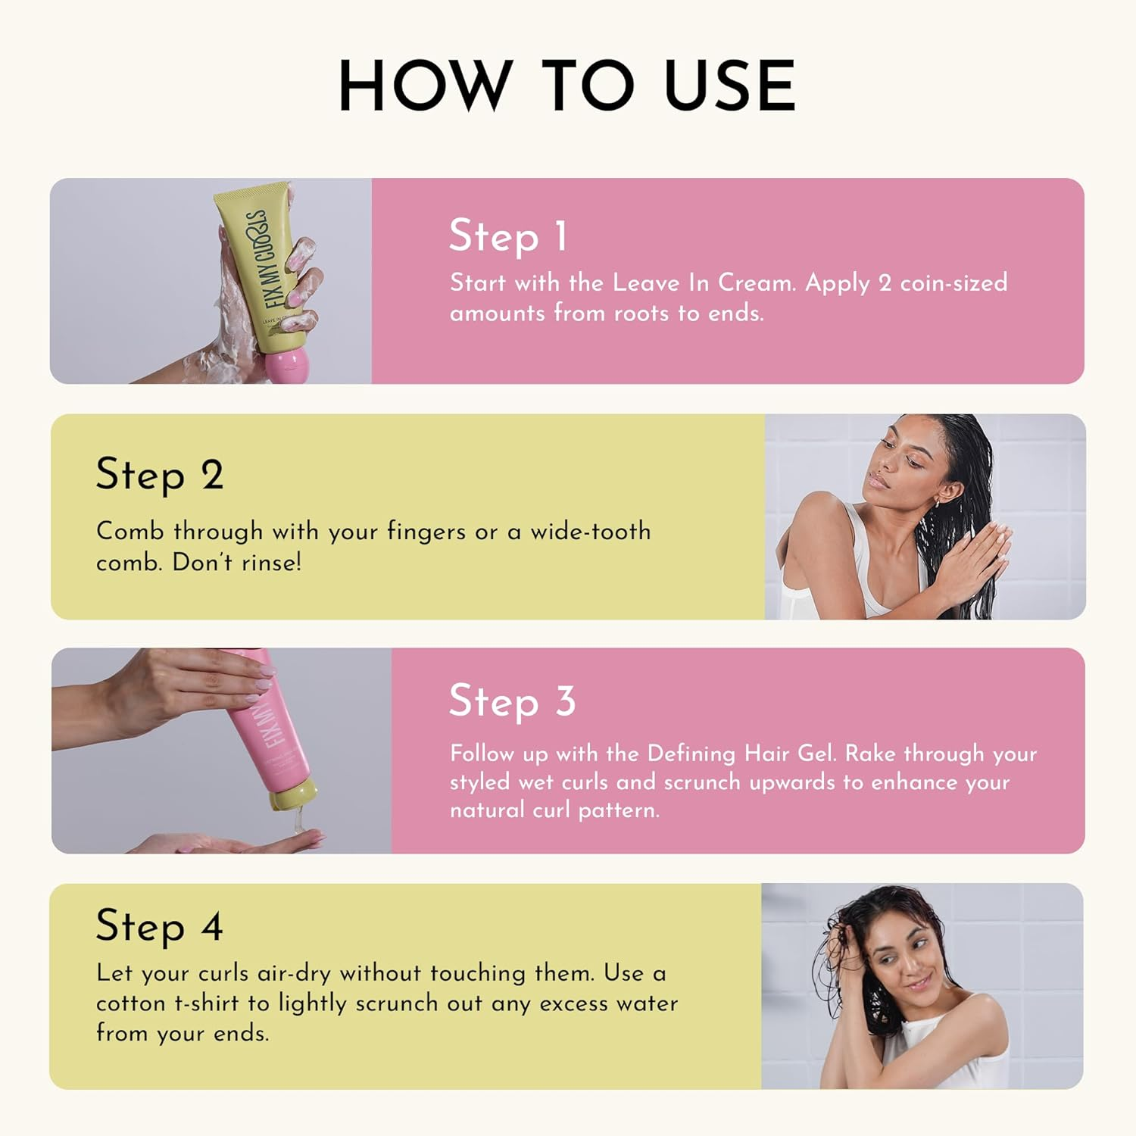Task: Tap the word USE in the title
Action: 729,86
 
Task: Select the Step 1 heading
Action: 508,236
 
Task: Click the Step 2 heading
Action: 159,476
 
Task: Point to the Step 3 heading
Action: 512,701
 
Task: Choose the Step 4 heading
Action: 159,926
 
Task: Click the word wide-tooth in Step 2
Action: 590,532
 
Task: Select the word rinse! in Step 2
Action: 271,562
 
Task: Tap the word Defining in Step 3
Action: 691,754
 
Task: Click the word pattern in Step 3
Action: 619,810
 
